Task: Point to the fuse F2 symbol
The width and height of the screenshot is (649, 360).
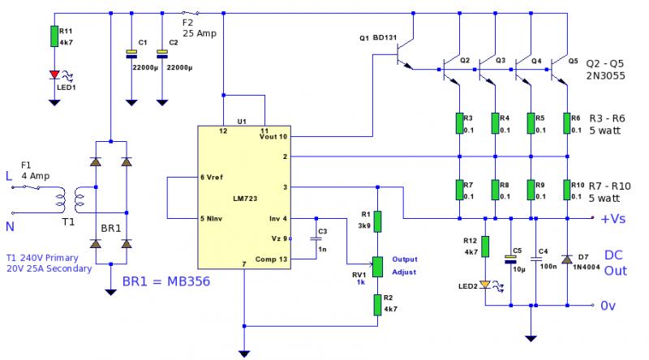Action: (189, 14)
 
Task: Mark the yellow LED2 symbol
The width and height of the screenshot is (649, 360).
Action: (485, 285)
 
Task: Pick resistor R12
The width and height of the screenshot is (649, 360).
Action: (485, 246)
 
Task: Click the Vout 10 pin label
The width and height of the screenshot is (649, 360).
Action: (272, 137)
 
